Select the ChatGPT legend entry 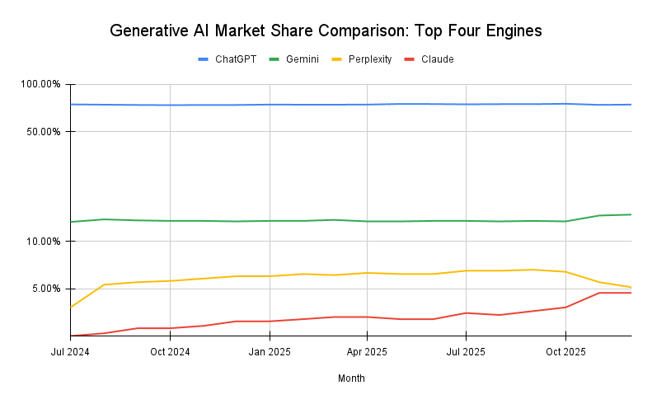[x=228, y=59]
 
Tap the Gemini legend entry [x=301, y=59]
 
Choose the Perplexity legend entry [x=368, y=59]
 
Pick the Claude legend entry [x=437, y=59]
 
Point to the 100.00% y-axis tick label [x=40, y=84]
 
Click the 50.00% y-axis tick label [x=43, y=132]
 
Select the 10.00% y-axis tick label [x=43, y=242]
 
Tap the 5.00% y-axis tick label [x=45, y=289]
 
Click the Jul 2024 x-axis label [x=71, y=351]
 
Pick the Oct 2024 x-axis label [x=170, y=351]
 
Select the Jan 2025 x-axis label [x=269, y=351]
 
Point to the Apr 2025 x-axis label [x=368, y=351]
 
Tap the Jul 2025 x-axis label [x=466, y=351]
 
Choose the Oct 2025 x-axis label [x=565, y=351]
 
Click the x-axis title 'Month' [x=351, y=378]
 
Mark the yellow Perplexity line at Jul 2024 [x=72, y=307]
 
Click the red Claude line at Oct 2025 [x=565, y=308]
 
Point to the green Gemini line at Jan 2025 [x=269, y=221]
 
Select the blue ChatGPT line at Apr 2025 [x=368, y=105]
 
